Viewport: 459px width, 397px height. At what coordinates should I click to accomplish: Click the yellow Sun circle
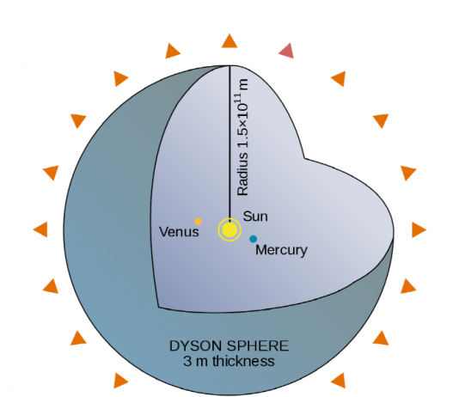pos(229,229)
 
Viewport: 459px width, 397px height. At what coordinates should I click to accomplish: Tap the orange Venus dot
pos(199,222)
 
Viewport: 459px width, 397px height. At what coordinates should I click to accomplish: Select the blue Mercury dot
pos(254,239)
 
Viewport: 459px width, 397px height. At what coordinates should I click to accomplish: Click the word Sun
pos(255,217)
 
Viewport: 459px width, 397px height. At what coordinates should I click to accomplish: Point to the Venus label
pos(179,232)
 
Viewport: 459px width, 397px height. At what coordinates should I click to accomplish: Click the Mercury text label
pos(281,250)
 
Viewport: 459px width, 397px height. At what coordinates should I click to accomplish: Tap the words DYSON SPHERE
pos(229,345)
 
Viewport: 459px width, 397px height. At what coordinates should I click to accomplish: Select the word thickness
pos(243,361)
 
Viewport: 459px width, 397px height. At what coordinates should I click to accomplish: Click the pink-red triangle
pos(287,51)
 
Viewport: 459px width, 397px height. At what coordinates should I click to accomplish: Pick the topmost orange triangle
pos(229,41)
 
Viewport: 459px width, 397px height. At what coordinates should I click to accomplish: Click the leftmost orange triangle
pos(41,229)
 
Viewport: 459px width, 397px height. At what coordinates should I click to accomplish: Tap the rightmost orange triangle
pos(419,229)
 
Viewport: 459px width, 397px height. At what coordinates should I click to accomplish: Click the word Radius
pos(243,174)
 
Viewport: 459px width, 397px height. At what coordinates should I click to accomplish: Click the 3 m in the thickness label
pos(195,361)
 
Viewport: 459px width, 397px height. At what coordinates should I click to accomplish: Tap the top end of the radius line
pos(229,66)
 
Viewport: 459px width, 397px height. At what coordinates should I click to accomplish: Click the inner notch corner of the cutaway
pos(304,159)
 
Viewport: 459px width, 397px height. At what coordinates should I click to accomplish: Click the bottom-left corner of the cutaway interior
pos(158,307)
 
